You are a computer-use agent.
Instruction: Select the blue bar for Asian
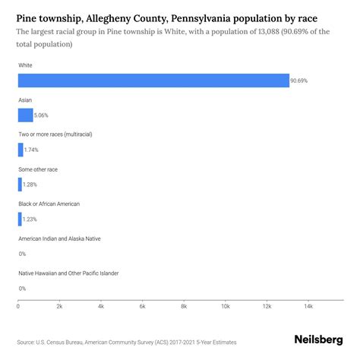[25, 115]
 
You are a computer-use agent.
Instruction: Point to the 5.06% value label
[43, 115]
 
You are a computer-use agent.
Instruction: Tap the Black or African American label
[49, 204]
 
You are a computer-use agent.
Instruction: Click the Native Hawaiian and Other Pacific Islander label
[68, 273]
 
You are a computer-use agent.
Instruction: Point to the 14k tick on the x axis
[308, 306]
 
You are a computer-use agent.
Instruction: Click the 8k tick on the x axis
[184, 306]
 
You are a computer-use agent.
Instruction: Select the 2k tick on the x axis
[59, 306]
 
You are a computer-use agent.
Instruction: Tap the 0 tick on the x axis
[18, 306]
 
